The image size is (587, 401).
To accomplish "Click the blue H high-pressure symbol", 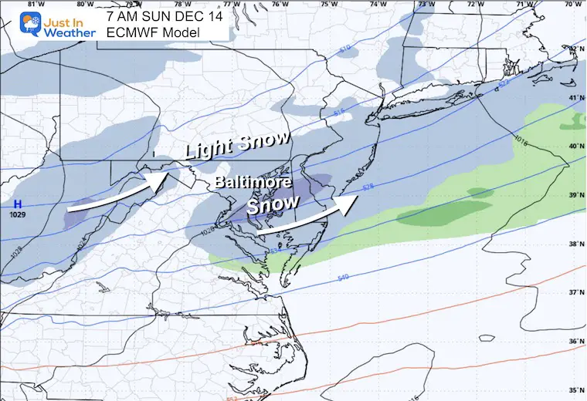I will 16,204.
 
